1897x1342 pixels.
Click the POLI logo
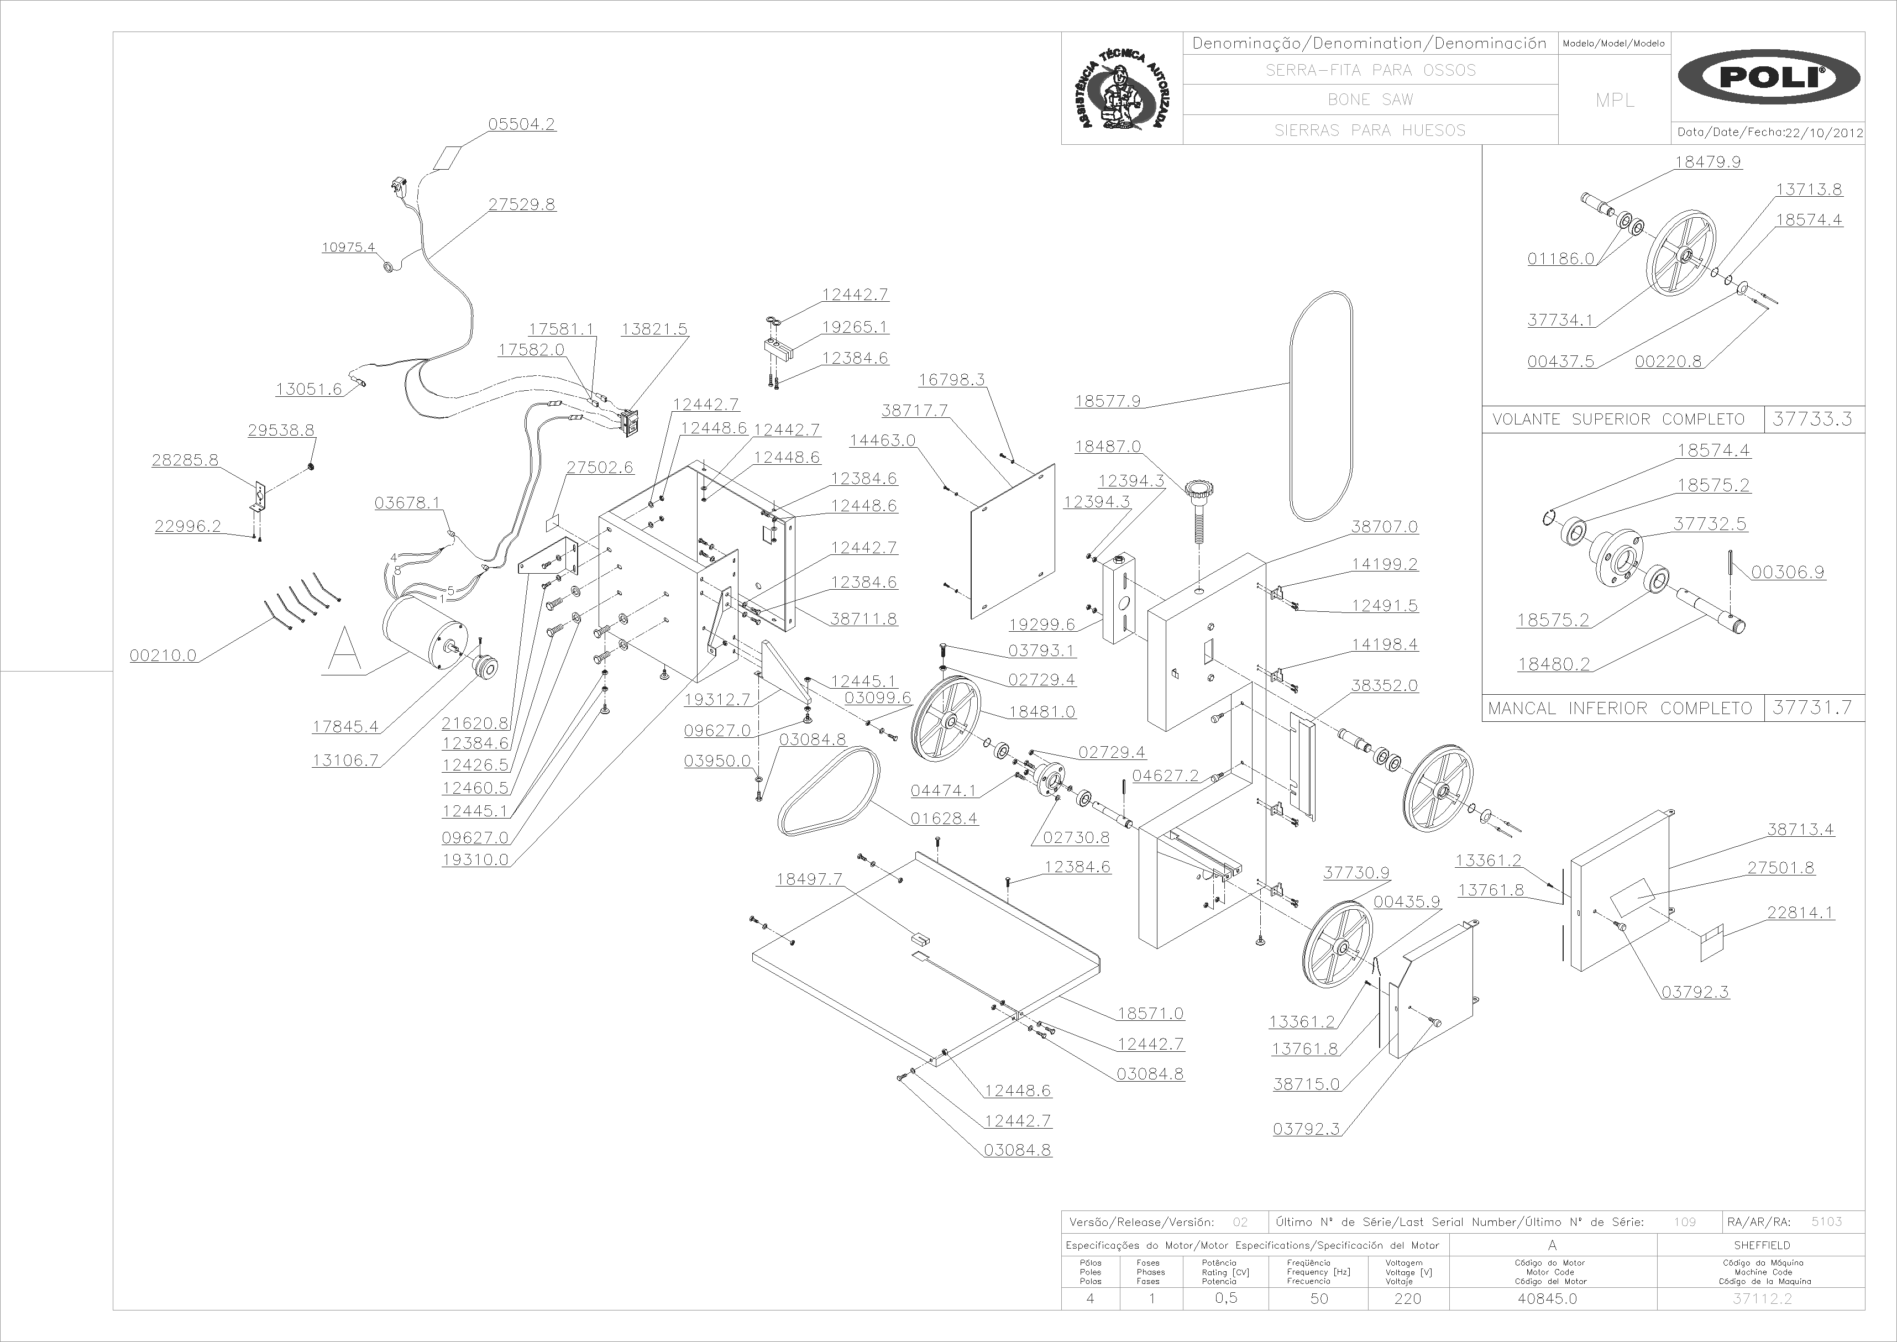pyautogui.click(x=1768, y=77)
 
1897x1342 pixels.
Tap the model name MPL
pyautogui.click(x=1615, y=100)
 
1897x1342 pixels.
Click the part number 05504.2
pyautogui.click(x=521, y=124)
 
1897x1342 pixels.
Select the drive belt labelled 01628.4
pyautogui.click(x=829, y=791)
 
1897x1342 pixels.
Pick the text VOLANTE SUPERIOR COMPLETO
pyautogui.click(x=1618, y=420)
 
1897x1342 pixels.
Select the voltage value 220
pyautogui.click(x=1408, y=1298)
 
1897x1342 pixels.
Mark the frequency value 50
pyautogui.click(x=1319, y=1298)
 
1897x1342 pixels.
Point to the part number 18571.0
pyautogui.click(x=1150, y=1013)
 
